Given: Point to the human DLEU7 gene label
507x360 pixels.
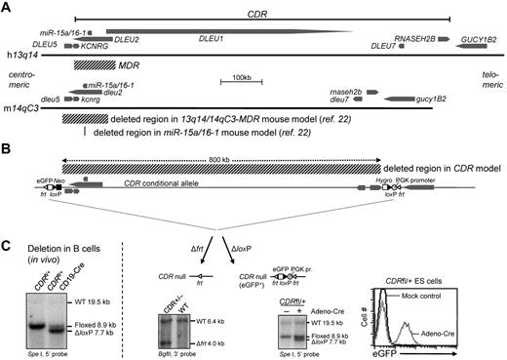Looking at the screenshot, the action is point(389,46).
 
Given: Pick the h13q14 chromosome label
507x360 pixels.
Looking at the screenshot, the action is point(21,58).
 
